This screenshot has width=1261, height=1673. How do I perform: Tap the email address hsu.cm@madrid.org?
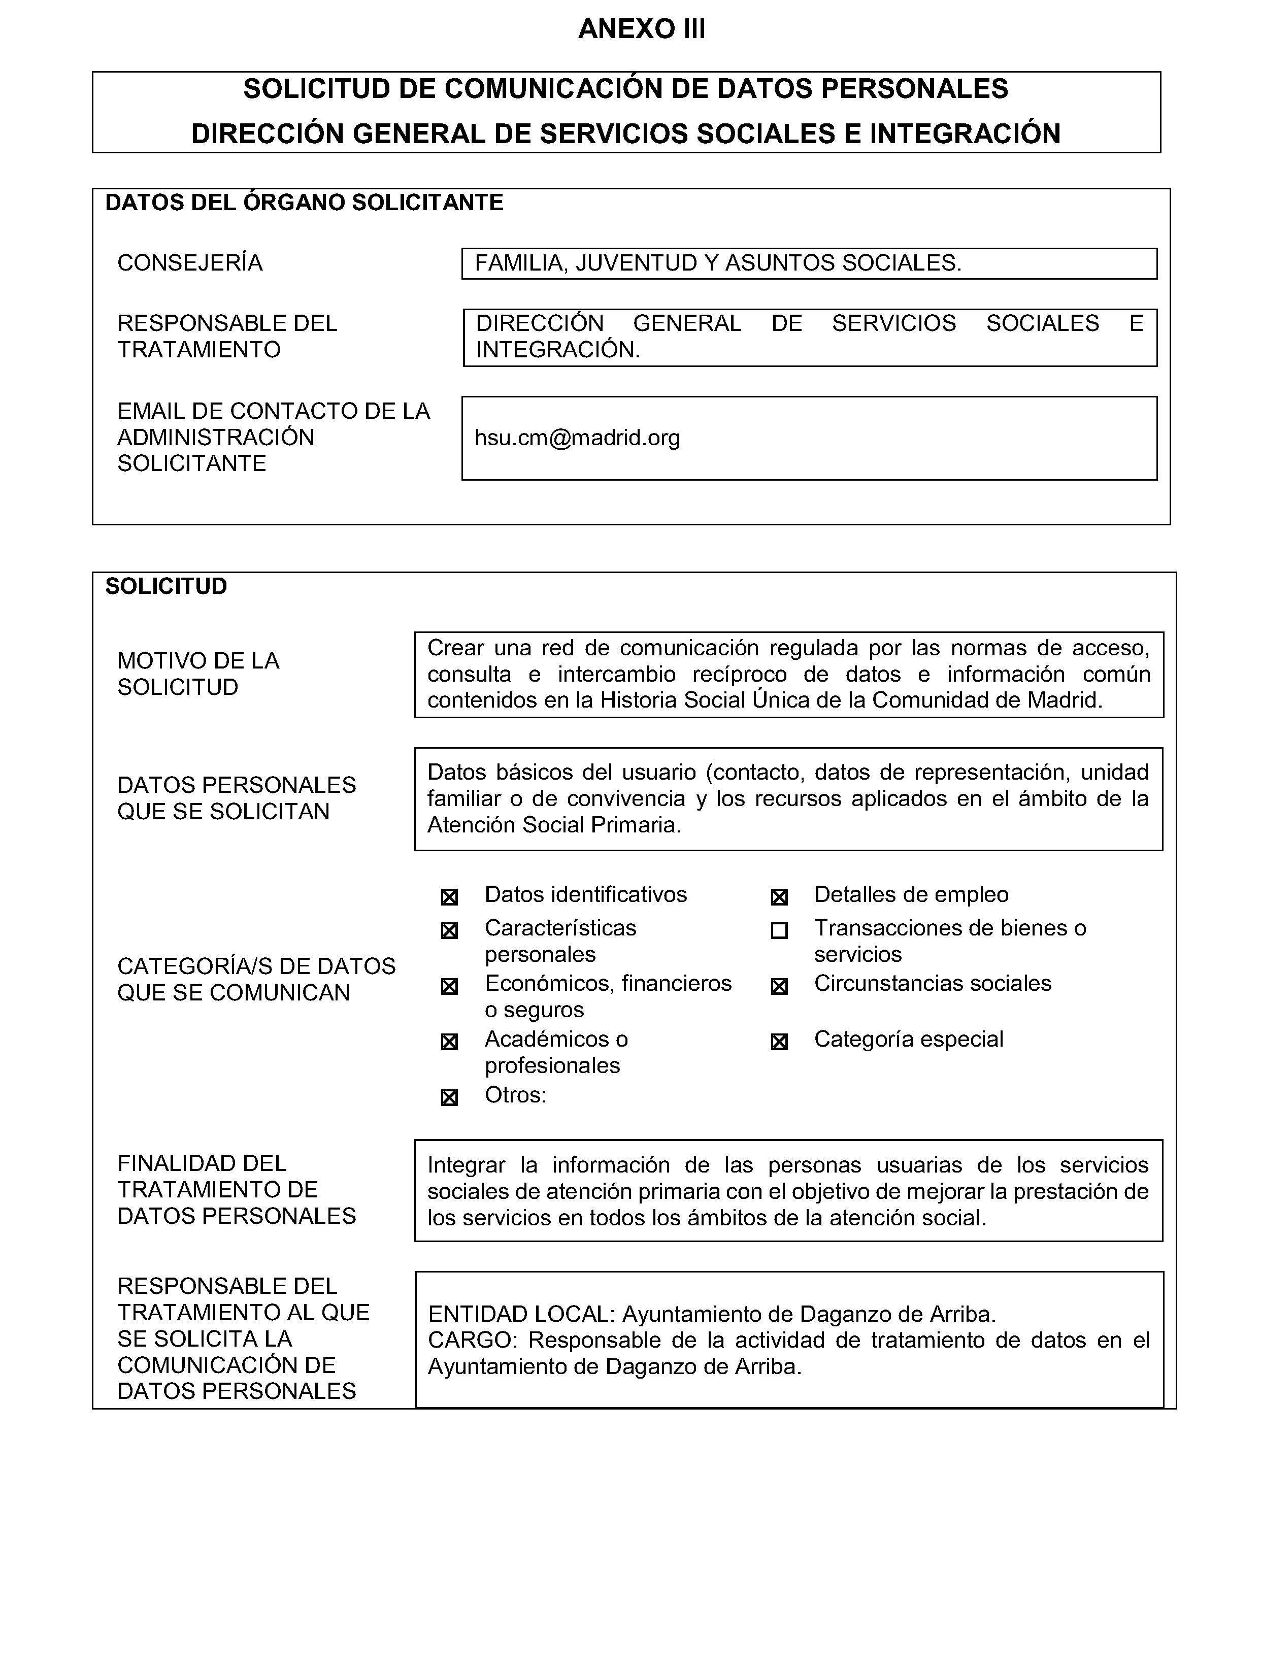[x=577, y=438]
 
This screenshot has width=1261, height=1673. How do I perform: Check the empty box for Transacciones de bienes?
[x=779, y=931]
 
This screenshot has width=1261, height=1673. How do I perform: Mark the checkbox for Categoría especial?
[x=779, y=1042]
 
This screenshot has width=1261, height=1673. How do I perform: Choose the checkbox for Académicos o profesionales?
[x=449, y=1042]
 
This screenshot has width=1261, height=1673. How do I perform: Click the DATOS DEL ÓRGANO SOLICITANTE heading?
[x=304, y=203]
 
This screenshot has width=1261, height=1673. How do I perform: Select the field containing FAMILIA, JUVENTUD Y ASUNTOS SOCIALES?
[x=809, y=263]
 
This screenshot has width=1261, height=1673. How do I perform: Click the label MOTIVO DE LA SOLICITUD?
[x=198, y=674]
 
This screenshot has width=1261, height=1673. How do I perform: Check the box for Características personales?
[x=449, y=931]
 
